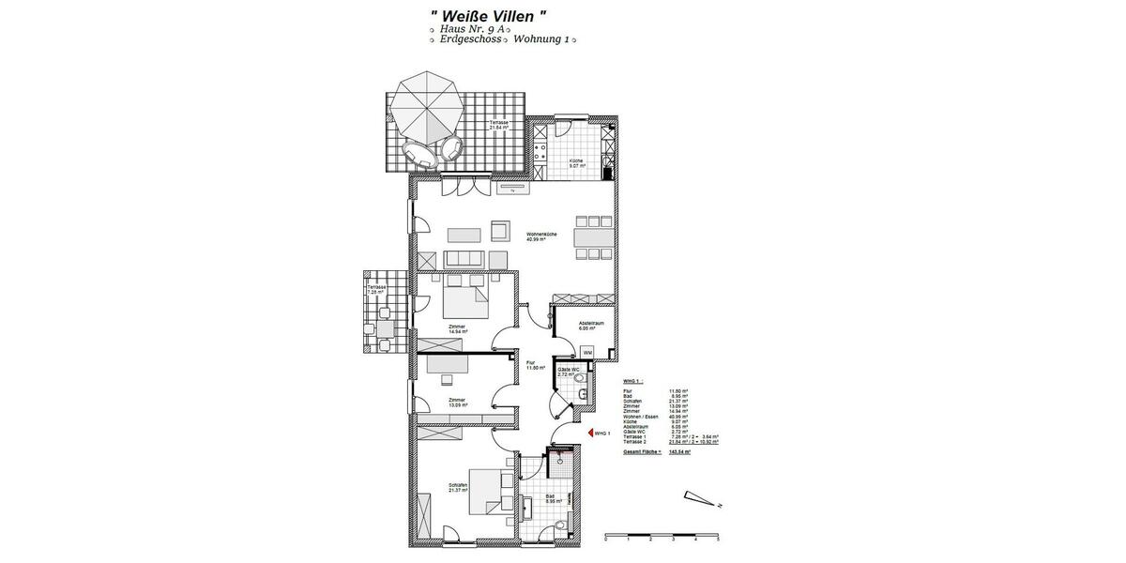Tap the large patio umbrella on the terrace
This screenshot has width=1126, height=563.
428,107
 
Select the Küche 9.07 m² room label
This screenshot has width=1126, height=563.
576,163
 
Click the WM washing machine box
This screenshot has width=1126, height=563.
587,352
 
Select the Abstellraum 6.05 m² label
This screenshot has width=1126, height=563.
590,327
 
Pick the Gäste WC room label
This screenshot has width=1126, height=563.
569,373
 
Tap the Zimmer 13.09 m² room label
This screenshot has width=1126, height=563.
457,403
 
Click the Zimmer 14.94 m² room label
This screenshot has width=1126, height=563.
457,328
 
